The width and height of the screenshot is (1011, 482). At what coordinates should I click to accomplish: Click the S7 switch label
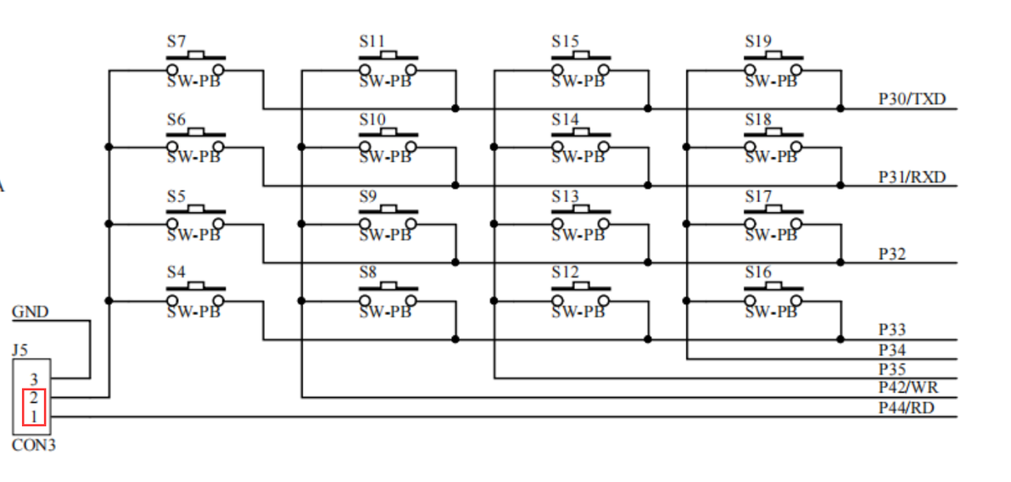pos(176,42)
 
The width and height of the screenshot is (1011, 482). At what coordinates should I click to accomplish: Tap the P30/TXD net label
pos(912,98)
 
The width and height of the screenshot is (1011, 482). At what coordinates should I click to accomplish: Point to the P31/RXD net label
pos(912,177)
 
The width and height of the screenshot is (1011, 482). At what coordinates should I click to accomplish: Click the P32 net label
pos(891,255)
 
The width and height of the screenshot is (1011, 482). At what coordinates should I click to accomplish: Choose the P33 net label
pos(891,330)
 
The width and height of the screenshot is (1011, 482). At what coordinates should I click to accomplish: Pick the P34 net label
pos(891,350)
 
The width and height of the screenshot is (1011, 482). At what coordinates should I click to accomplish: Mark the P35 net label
pos(891,370)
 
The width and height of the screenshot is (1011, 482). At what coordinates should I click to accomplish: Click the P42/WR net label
pos(908,388)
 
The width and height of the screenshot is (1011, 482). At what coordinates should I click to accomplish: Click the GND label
pos(31,312)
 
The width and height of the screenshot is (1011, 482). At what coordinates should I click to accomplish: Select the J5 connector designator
pos(20,350)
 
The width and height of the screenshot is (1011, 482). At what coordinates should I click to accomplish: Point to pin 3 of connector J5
pos(34,380)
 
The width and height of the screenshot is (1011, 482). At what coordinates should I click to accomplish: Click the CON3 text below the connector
pos(34,446)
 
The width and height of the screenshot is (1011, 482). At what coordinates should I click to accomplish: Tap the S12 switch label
pos(565,272)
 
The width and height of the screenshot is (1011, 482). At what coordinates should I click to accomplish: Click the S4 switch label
pos(176,272)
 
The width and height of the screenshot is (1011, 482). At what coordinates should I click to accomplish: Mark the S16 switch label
pos(758,272)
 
